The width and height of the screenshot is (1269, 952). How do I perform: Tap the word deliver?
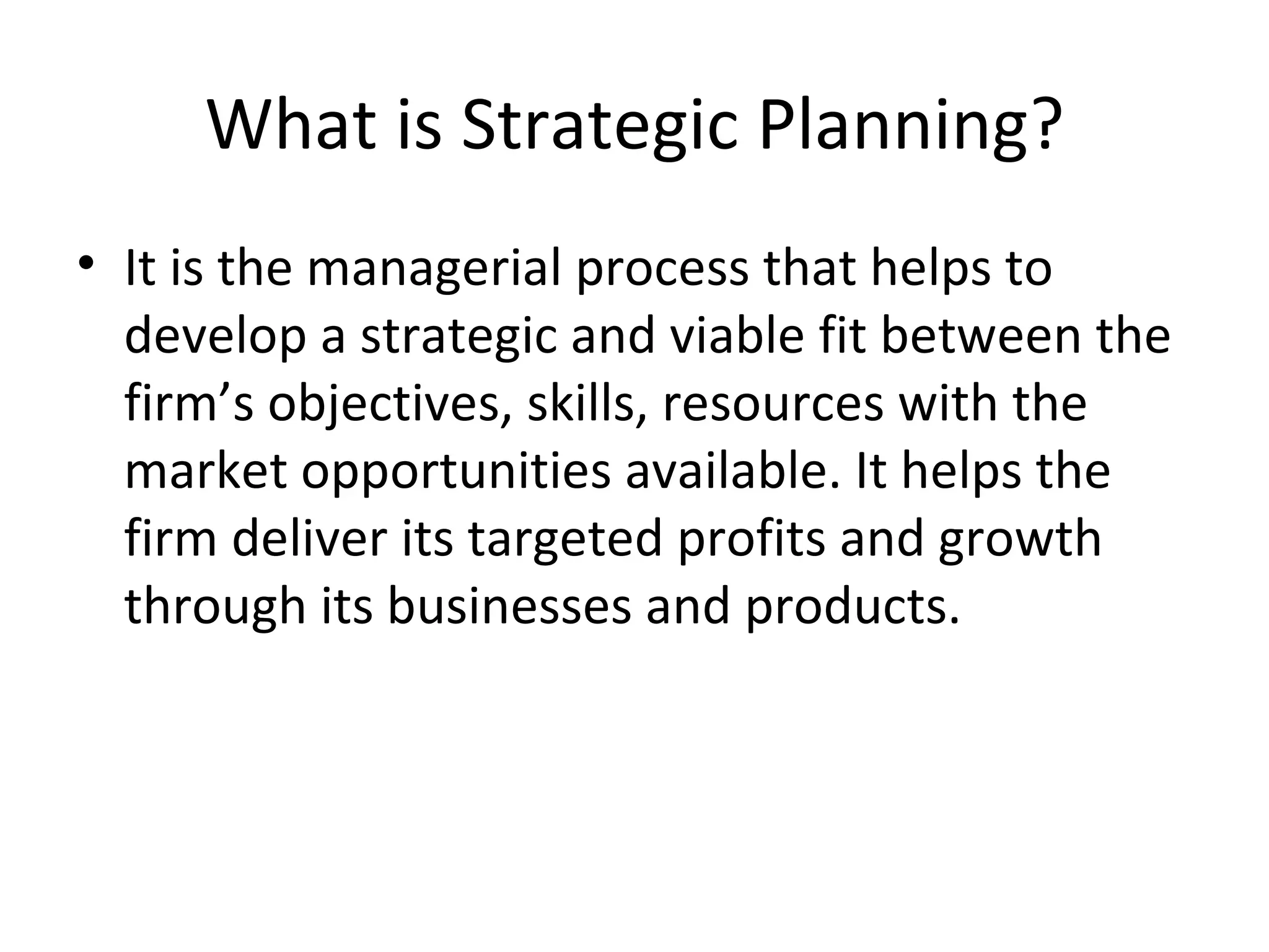pyautogui.click(x=310, y=538)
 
